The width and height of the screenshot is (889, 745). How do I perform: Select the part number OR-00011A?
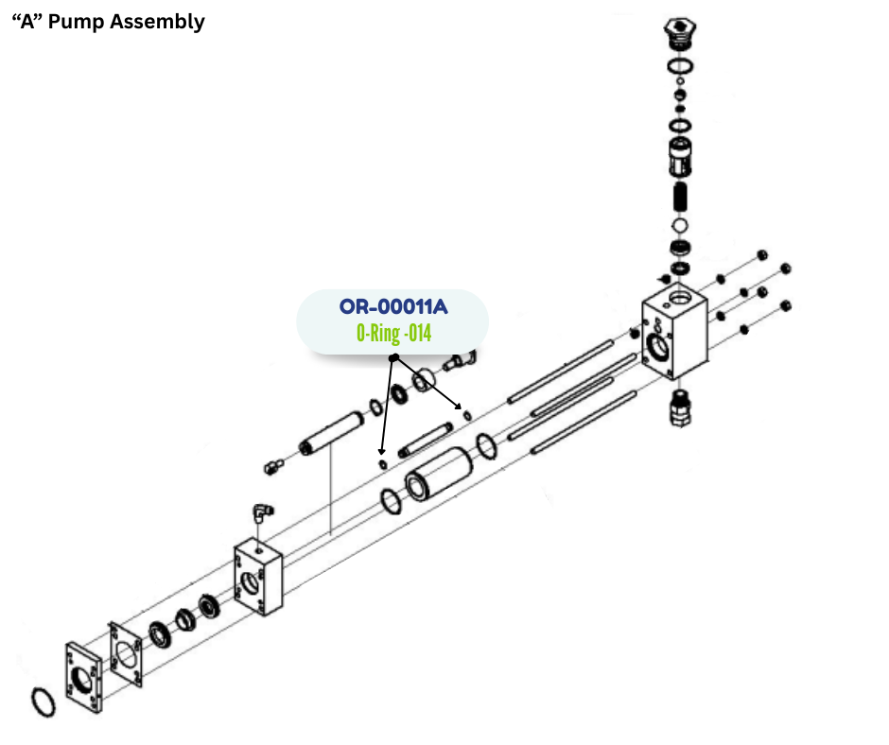(392, 308)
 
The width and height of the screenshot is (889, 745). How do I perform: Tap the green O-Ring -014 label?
(393, 334)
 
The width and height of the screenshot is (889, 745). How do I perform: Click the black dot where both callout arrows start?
(393, 359)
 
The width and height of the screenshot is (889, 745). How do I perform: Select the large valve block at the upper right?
(675, 337)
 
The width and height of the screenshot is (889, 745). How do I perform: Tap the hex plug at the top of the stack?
(678, 30)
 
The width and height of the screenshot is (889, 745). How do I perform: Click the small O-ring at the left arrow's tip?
(382, 464)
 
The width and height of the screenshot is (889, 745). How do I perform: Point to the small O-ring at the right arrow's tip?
(465, 412)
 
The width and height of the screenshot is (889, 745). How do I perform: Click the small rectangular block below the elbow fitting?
(258, 578)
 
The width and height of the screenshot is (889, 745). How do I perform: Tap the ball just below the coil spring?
(679, 226)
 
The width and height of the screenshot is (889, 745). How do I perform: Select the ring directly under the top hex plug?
(678, 65)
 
